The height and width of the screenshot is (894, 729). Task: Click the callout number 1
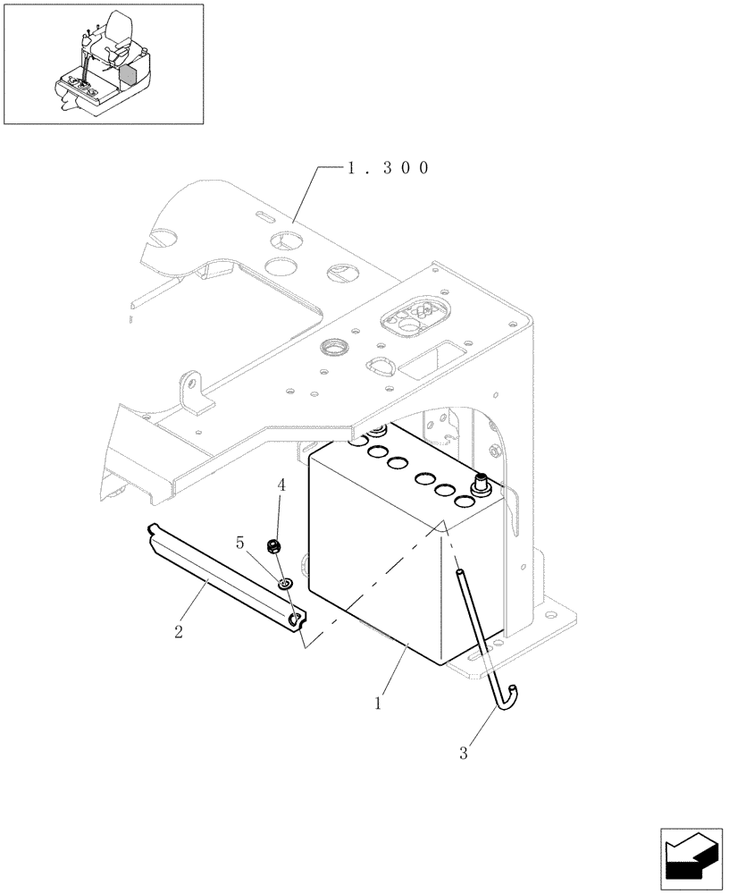point(379,704)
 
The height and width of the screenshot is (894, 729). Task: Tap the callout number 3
point(464,753)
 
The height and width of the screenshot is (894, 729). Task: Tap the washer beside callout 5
point(284,585)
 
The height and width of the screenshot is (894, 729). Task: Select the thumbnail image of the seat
point(103,63)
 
